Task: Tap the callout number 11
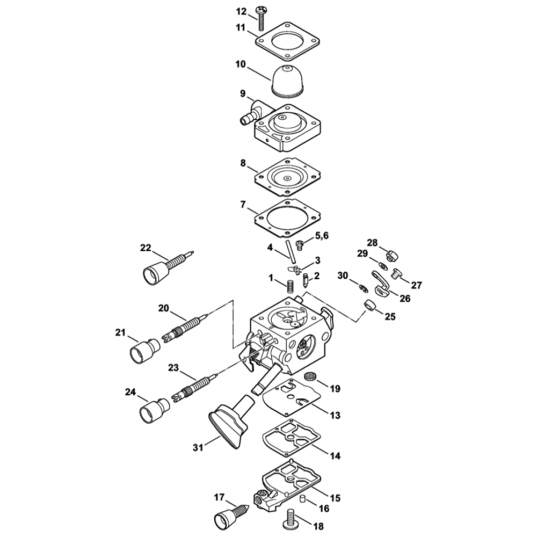pos(241,27)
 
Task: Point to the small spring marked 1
pos(291,286)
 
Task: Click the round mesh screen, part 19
pos(310,376)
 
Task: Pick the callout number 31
pos(198,447)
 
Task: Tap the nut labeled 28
pos(391,255)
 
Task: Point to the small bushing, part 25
pos(370,304)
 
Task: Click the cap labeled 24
pos(155,409)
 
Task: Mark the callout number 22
pos(146,248)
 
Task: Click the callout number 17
pos(220,497)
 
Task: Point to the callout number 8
pos(243,163)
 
